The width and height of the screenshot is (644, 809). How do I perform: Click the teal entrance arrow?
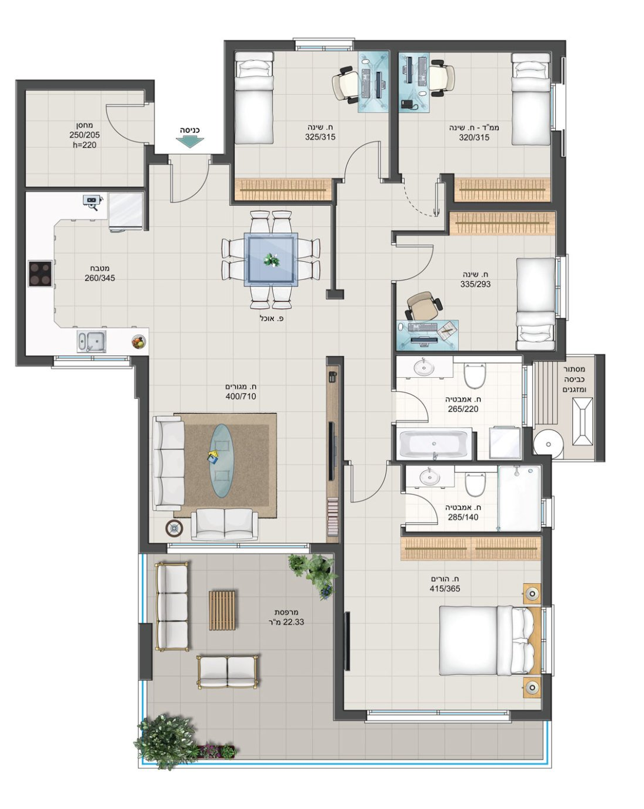(x=190, y=142)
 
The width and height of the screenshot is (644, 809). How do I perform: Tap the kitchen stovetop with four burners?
(x=40, y=274)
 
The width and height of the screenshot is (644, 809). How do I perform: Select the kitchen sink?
(x=92, y=341)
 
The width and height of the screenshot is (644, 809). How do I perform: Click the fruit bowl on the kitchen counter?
(x=138, y=342)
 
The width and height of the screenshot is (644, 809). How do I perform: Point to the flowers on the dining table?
(x=271, y=260)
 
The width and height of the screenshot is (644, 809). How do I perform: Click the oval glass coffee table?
(x=222, y=460)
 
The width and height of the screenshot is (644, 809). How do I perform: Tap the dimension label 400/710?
(x=241, y=396)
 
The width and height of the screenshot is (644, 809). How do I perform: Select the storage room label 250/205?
(x=85, y=135)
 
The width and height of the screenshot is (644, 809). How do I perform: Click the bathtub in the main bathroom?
(x=433, y=444)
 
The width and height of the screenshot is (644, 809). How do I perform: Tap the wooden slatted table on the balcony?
(x=222, y=610)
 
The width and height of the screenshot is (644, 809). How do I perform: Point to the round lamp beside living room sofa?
(x=175, y=528)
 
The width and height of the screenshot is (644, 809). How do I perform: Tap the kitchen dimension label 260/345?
(x=99, y=278)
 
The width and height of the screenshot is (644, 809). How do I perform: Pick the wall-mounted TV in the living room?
(x=331, y=451)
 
